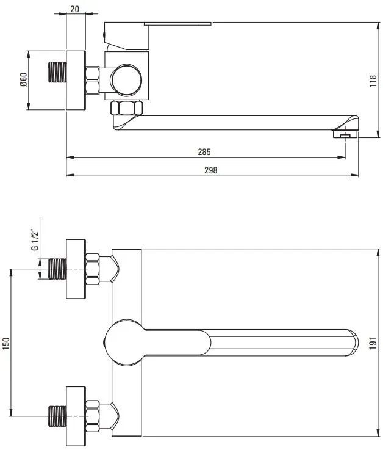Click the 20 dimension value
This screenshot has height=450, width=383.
[74, 9]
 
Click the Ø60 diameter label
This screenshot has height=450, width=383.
[23, 80]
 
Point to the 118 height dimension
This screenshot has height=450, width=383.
[373, 81]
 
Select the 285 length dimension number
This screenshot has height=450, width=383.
[204, 152]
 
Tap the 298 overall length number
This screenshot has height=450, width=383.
[211, 170]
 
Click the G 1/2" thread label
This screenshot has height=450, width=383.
[35, 239]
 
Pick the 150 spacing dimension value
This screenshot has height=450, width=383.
[6, 344]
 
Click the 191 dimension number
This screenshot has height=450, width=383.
[373, 343]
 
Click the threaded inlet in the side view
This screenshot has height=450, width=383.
[57, 72]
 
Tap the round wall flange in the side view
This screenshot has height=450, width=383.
[76, 81]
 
